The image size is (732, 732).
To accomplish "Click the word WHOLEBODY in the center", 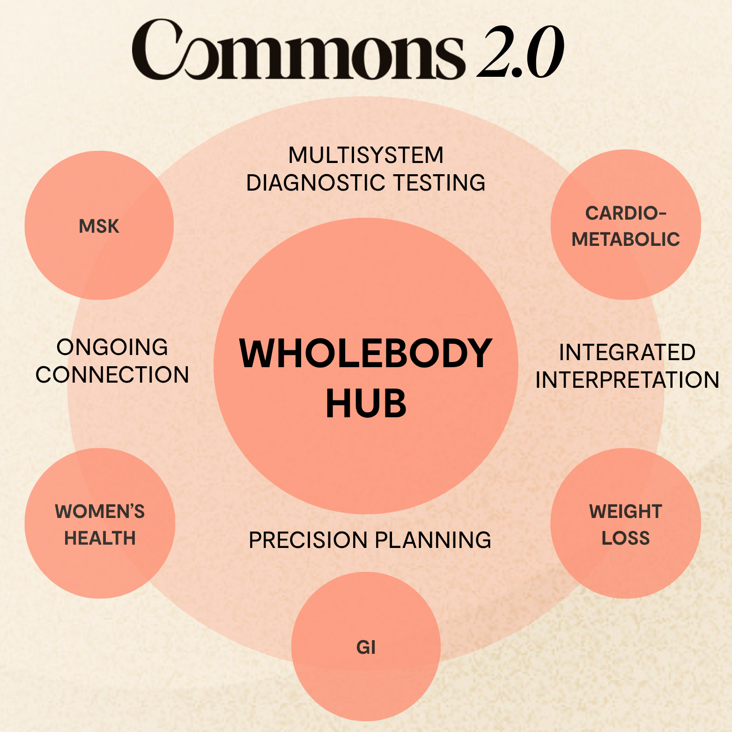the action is (365, 354).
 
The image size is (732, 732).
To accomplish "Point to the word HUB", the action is (366, 404).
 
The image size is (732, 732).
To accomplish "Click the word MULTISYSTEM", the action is (366, 155).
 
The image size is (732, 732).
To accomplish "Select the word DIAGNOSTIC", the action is (315, 183).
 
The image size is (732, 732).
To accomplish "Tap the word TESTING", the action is (439, 183).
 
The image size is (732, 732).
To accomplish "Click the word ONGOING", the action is (112, 348).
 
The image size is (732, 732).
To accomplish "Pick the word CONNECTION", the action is (112, 375).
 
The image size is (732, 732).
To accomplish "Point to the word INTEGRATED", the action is (627, 353).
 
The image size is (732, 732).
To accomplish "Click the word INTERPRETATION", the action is (627, 380).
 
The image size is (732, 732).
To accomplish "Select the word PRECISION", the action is (308, 540).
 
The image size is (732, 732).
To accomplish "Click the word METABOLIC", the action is (626, 240).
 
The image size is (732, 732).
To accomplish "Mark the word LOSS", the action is (626, 539).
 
